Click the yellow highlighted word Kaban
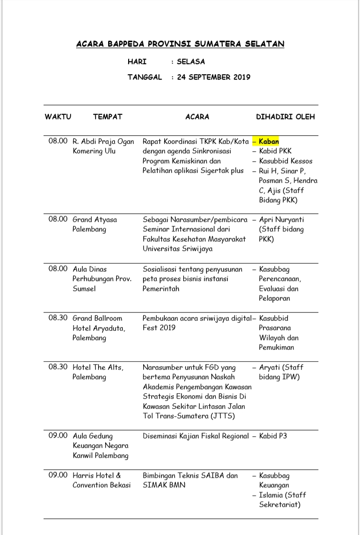(269, 141)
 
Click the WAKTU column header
(58, 117)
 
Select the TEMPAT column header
(107, 117)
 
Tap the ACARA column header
(197, 117)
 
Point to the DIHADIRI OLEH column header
(285, 117)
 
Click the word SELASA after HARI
(191, 62)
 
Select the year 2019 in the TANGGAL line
(241, 77)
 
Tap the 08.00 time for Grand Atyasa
(58, 219)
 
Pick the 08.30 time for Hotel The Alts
(58, 367)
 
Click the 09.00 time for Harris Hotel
(58, 475)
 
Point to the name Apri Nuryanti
(281, 219)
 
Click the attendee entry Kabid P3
(273, 436)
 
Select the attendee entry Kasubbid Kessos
(285, 161)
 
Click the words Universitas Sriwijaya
(177, 248)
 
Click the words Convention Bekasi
(102, 485)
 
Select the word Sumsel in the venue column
(84, 289)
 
